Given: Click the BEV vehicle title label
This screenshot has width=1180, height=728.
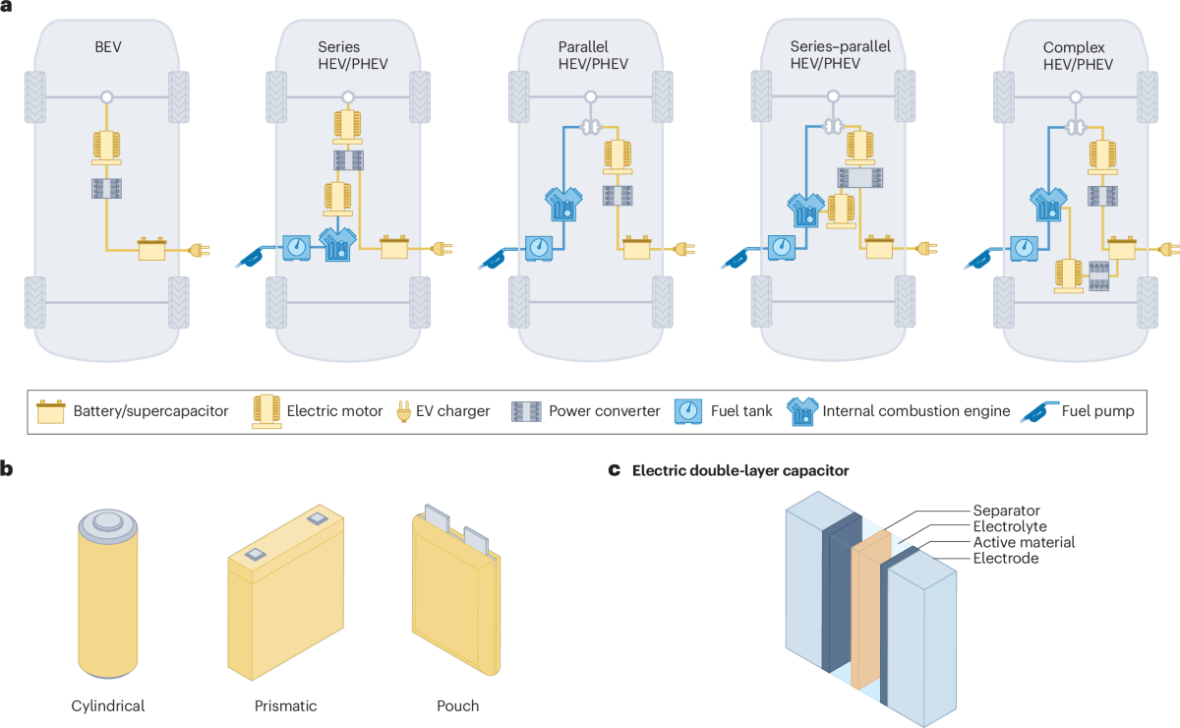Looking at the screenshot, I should pyautogui.click(x=106, y=46).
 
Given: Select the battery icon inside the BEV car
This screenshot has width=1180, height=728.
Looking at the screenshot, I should pyautogui.click(x=153, y=250).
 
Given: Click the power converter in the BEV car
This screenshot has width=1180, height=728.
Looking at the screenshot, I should pyautogui.click(x=106, y=190).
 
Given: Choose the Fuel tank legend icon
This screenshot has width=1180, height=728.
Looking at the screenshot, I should pyautogui.click(x=687, y=410).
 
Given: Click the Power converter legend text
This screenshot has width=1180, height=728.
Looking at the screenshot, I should pyautogui.click(x=604, y=411).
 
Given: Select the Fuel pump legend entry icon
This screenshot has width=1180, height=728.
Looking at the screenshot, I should pyautogui.click(x=1045, y=410).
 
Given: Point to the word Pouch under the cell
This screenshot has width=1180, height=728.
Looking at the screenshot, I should pyautogui.click(x=458, y=705).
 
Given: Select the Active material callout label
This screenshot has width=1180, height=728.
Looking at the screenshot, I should pyautogui.click(x=1024, y=542).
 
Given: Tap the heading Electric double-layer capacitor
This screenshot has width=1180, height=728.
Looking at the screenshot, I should pyautogui.click(x=739, y=470).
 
